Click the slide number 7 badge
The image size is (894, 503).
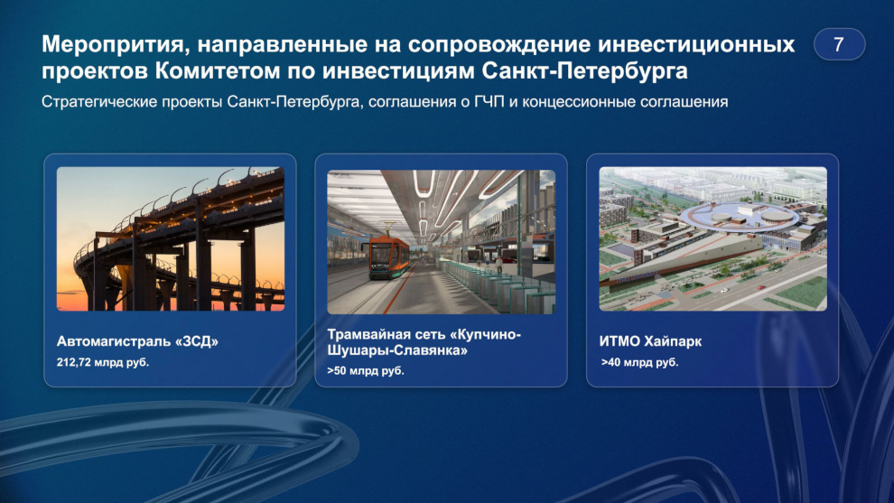click(x=839, y=44)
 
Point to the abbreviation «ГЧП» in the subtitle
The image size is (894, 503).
click(x=489, y=101)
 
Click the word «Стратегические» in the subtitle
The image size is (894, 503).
click(x=99, y=102)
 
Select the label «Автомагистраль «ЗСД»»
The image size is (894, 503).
click(x=137, y=341)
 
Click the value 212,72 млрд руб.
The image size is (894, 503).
click(x=103, y=362)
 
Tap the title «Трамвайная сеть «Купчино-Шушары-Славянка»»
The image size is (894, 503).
click(x=424, y=342)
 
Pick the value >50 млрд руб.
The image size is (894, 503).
click(x=366, y=370)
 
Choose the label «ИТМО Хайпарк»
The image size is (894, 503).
click(x=650, y=341)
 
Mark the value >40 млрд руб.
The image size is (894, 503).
click(x=639, y=362)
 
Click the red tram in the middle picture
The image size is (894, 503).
click(x=389, y=258)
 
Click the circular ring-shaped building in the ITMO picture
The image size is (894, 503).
click(x=740, y=216)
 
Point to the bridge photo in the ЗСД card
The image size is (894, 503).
click(x=171, y=239)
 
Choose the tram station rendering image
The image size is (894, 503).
click(x=442, y=242)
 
